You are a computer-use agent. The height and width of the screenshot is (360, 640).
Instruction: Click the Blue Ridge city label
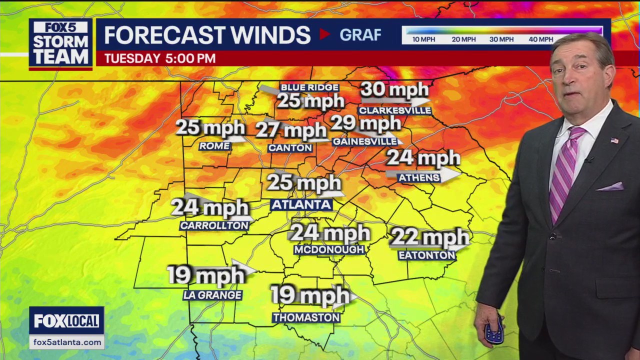pos(309,87)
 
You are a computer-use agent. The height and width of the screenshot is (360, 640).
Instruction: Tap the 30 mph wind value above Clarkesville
pos(394,90)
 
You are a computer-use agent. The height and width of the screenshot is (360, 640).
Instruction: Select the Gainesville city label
pos(364,142)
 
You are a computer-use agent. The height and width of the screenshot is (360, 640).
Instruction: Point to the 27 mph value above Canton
pos(291,131)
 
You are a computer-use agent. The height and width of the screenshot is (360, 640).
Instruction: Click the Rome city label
pos(214,146)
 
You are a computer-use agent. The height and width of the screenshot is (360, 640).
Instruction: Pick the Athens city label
pos(418,177)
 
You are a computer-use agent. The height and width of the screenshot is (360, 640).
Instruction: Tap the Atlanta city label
pos(301,204)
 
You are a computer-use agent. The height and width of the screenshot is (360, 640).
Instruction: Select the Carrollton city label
pos(214,226)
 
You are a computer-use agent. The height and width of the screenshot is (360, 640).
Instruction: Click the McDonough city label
pos(329,249)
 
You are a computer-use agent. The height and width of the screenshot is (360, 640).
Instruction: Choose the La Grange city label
pos(212,295)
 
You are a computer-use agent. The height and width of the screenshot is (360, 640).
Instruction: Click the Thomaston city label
pos(306,317)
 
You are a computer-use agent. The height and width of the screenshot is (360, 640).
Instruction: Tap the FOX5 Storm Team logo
pos(60,44)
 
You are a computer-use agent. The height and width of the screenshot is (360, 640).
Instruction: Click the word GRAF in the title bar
pos(360,34)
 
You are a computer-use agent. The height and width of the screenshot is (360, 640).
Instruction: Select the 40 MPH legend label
pos(540,39)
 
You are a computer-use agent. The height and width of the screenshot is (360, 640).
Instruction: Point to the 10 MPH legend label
pos(423,39)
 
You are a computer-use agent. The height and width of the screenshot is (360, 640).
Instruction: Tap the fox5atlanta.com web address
pos(66,342)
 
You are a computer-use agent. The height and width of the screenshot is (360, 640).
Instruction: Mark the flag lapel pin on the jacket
pos(614,140)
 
